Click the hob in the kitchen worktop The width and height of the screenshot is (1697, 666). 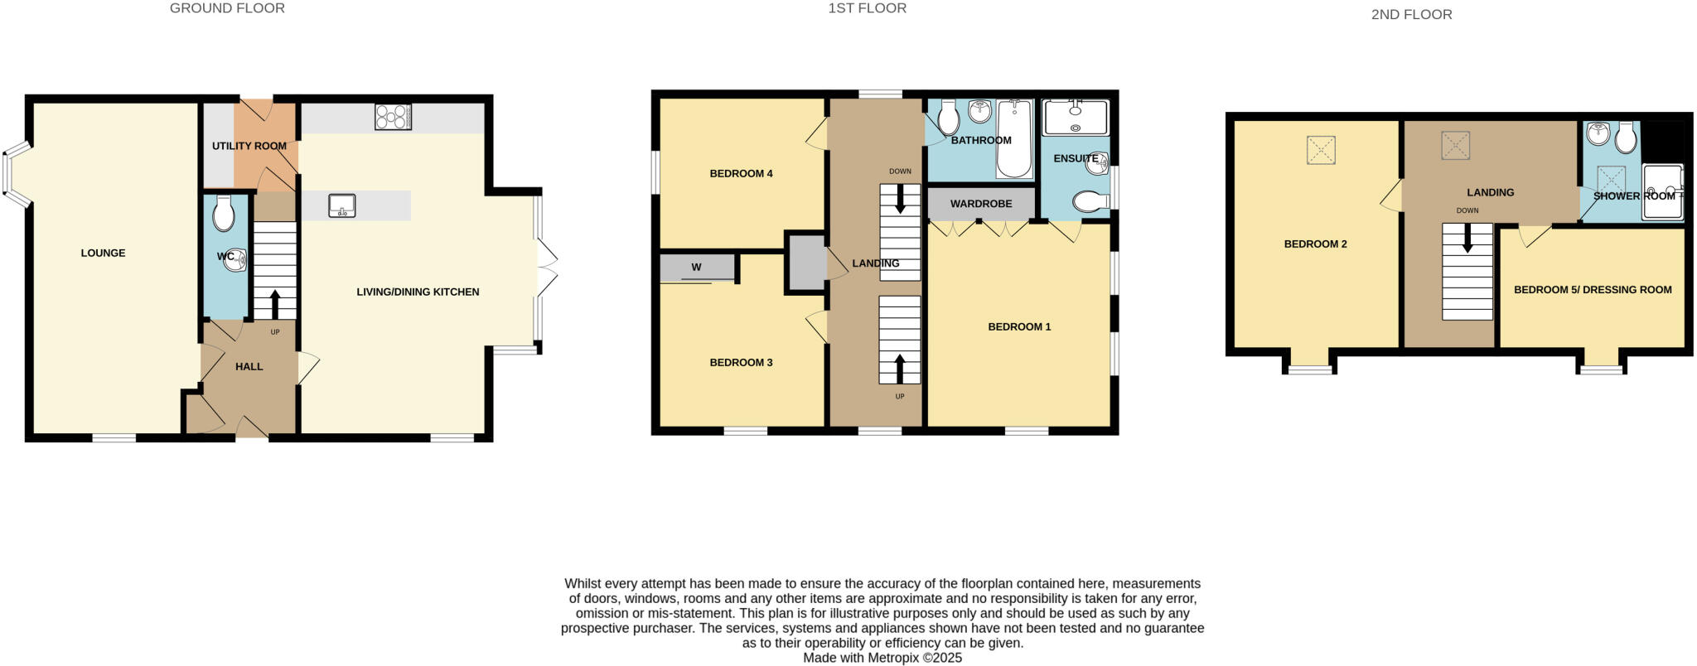click(x=393, y=117)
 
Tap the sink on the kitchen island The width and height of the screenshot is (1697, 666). click(x=341, y=205)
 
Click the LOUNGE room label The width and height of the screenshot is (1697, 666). click(x=103, y=253)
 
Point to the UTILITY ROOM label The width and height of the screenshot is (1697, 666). click(x=249, y=146)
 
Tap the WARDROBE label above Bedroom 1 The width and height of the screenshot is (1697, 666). click(x=981, y=203)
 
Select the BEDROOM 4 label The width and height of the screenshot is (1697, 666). click(x=741, y=173)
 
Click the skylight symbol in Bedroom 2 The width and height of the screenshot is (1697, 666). click(x=1321, y=150)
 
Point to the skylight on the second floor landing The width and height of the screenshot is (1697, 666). click(x=1455, y=146)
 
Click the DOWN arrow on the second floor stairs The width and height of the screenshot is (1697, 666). click(x=1467, y=239)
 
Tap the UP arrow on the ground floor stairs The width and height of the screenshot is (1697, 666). click(x=274, y=302)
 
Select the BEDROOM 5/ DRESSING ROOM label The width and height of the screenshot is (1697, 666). click(x=1592, y=289)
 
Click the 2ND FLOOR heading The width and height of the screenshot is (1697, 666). click(x=1411, y=14)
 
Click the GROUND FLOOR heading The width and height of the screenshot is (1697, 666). click(x=227, y=8)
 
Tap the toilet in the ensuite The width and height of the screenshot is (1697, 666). click(x=1090, y=201)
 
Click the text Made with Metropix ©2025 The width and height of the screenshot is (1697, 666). click(x=882, y=658)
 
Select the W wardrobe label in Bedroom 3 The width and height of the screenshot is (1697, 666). click(x=697, y=267)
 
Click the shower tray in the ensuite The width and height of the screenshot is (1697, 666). click(x=1076, y=117)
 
